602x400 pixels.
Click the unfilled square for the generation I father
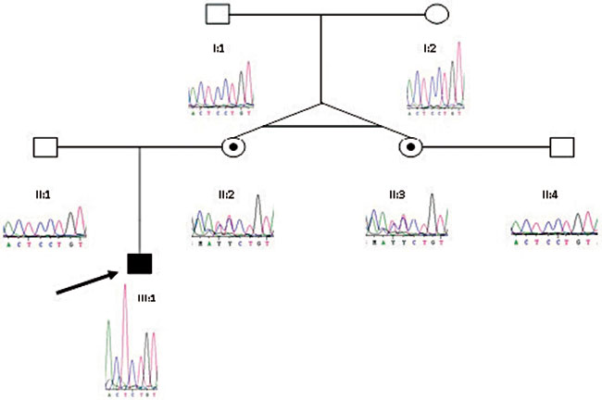click(x=217, y=15)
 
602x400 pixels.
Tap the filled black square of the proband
click(x=139, y=265)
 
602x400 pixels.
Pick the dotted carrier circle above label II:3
click(x=409, y=146)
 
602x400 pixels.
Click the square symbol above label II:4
click(x=560, y=146)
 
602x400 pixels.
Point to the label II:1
click(x=41, y=195)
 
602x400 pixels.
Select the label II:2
click(x=227, y=195)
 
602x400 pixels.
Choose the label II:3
click(x=396, y=195)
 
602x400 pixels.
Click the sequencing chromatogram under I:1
click(x=219, y=89)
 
